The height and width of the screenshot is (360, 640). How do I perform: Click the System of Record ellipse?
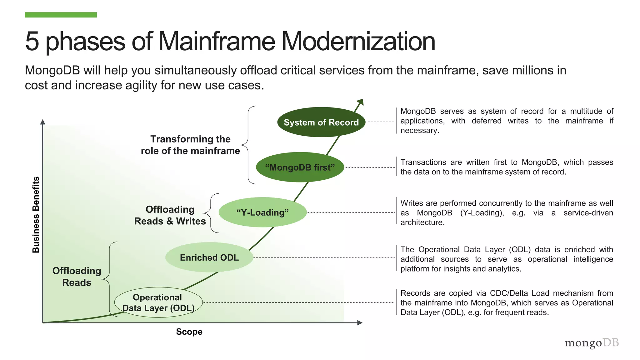click(x=321, y=122)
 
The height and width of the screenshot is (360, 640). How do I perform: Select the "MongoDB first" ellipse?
click(x=300, y=167)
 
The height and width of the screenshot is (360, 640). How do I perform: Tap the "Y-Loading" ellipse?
click(x=262, y=212)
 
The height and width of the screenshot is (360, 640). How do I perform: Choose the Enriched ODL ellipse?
click(x=209, y=257)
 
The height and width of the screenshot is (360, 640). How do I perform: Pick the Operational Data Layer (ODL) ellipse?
click(x=158, y=302)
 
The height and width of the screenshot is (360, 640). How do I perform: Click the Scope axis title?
click(x=189, y=332)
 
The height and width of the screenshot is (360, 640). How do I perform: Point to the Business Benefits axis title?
click(x=36, y=215)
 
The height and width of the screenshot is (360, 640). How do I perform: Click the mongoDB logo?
click(x=592, y=343)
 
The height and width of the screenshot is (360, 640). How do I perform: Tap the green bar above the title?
click(x=61, y=15)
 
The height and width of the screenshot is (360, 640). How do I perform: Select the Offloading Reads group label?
click(x=77, y=277)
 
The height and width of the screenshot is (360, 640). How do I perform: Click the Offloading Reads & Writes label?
click(x=170, y=215)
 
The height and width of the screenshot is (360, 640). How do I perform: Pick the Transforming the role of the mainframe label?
click(x=190, y=145)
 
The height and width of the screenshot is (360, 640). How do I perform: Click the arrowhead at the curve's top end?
click(x=360, y=102)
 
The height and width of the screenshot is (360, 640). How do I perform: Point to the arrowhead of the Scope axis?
click(x=360, y=322)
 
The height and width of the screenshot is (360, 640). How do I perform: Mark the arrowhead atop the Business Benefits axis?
click(x=43, y=122)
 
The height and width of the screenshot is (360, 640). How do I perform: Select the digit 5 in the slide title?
click(x=32, y=41)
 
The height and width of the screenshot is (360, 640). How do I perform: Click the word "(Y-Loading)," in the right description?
click(x=482, y=213)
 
